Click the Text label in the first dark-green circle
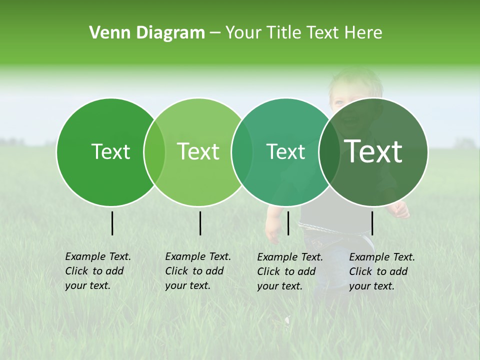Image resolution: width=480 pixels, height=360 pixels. (x=110, y=151)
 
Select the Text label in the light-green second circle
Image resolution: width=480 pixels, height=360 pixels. (x=198, y=151)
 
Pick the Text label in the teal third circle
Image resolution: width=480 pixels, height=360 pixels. (x=285, y=151)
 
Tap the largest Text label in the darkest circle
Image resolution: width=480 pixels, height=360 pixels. (x=373, y=151)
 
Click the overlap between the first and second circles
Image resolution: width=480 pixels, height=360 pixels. (x=154, y=151)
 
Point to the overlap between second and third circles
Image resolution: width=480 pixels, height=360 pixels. (x=242, y=151)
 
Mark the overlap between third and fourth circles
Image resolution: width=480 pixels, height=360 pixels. (x=329, y=151)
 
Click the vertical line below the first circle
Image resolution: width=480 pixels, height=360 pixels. (x=112, y=223)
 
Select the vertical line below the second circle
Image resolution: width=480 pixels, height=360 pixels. (x=200, y=223)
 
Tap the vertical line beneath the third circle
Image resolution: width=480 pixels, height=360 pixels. (x=288, y=223)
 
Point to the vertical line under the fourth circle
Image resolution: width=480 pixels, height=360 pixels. (x=372, y=223)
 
